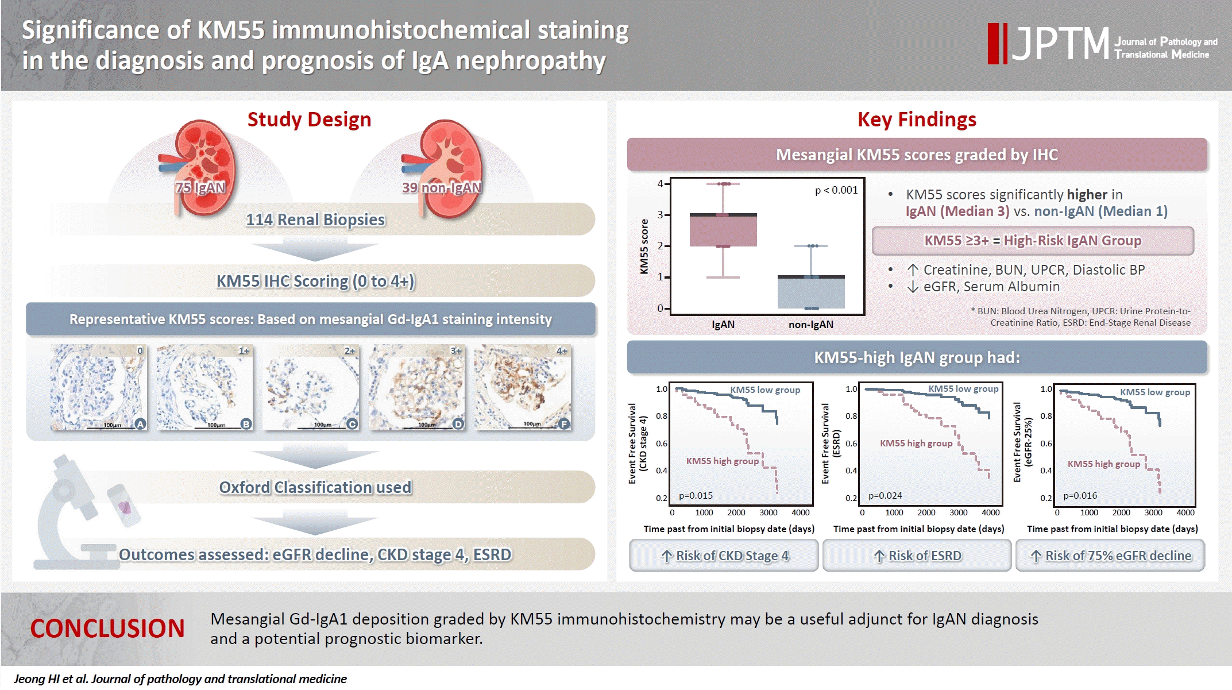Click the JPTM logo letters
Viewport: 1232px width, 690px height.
[x=1060, y=43]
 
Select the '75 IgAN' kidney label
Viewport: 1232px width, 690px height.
[x=200, y=188]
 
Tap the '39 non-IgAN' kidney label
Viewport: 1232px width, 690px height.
[x=442, y=188]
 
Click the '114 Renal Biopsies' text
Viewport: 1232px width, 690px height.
[x=315, y=219]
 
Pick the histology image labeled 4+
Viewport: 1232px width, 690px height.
[x=523, y=387]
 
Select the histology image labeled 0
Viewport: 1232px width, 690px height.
[x=98, y=387]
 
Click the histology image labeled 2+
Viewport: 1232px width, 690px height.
[x=311, y=387]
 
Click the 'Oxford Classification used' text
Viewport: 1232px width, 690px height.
[x=315, y=487]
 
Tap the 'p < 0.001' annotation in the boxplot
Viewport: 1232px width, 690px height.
[x=836, y=190]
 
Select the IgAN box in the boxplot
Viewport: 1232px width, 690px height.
[x=723, y=230]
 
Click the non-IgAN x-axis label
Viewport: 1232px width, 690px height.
[x=810, y=325]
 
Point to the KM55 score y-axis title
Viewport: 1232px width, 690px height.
[x=644, y=246]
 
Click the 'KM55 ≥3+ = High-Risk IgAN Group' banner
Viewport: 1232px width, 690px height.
[x=1033, y=241]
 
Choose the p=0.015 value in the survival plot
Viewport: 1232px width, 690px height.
[x=696, y=495]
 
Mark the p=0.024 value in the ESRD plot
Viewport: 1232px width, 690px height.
[x=885, y=495]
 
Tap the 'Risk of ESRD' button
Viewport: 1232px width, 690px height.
[x=917, y=556]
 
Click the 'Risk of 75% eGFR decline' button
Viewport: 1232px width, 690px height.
[x=1110, y=556]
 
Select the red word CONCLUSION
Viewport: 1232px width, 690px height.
[x=107, y=629]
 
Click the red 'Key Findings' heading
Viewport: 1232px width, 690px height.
[x=917, y=120]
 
